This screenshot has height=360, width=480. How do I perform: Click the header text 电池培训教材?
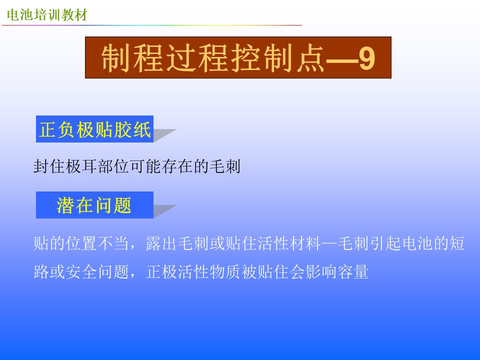(47, 14)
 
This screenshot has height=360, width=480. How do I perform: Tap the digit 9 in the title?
(366, 58)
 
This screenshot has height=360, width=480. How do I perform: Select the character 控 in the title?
(246, 58)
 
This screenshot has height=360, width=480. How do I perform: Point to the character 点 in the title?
(310, 58)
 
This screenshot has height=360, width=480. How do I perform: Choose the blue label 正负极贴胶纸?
(94, 129)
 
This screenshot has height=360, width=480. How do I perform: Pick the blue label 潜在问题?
(94, 205)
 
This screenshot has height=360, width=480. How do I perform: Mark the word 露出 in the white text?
(161, 243)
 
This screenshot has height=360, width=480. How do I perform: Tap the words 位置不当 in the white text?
(97, 243)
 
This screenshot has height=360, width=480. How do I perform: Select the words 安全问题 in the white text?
(97, 271)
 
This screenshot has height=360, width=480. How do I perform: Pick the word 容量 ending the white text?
(353, 271)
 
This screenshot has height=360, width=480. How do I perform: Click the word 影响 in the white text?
(321, 271)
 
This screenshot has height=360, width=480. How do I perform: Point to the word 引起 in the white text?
(385, 243)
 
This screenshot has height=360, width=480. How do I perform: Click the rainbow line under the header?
(152, 25)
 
